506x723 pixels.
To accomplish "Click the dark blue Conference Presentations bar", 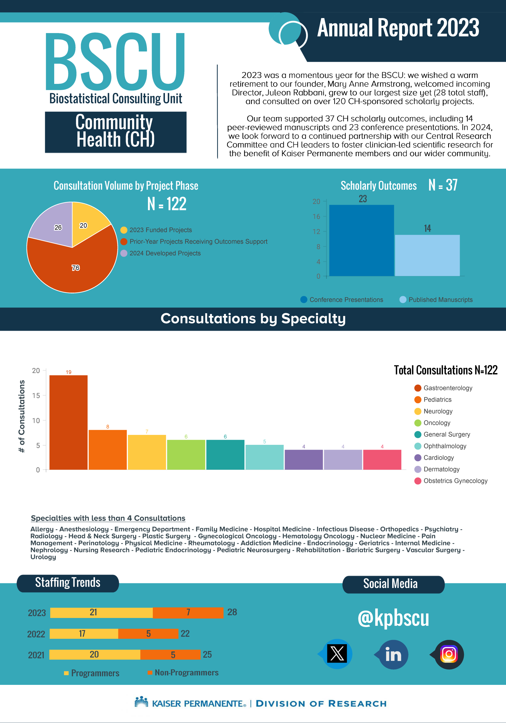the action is [361, 241].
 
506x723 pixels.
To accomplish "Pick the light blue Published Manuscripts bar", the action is [427, 255].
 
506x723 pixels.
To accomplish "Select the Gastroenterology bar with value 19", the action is [69, 422].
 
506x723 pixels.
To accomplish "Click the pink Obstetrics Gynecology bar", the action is [382, 460].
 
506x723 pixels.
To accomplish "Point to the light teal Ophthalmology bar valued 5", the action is [265, 457].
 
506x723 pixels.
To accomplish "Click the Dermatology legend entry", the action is [437, 469].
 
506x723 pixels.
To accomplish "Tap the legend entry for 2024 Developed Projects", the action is [161, 253].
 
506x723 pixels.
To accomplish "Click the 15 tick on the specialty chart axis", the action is [36, 395].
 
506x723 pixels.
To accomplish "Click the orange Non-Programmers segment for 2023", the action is [188, 613].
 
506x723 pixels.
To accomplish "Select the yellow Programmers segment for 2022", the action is [84, 633].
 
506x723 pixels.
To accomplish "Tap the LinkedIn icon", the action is [393, 655].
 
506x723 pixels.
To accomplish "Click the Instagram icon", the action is [449, 655].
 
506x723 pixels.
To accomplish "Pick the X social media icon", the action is [337, 654].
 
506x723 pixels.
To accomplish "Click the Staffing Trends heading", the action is [68, 583].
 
